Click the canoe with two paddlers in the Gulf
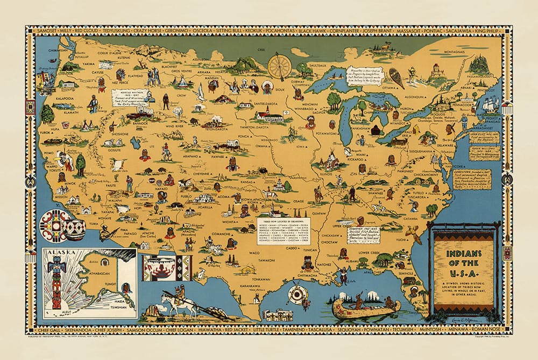coord(365,307)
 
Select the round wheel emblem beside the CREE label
coord(279,67)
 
